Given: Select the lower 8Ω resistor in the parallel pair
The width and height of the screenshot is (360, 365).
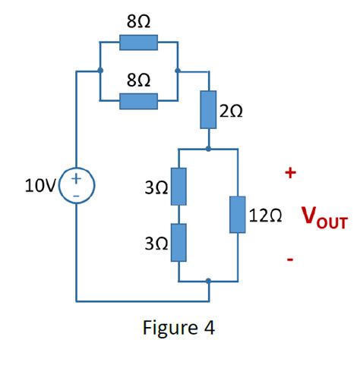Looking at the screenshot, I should (138, 101).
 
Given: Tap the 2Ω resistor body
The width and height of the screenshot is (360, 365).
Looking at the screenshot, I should (208, 111).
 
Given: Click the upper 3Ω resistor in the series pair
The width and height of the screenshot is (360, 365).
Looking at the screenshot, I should (178, 186).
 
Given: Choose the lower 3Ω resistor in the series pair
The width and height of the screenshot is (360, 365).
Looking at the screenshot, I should (178, 242).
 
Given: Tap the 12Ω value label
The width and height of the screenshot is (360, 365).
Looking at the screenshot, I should (265, 216).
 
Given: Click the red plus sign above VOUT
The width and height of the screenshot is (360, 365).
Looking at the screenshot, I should (289, 174).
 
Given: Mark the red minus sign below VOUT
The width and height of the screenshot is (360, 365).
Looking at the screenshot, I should (289, 260).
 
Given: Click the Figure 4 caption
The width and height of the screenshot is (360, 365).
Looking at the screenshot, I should (178, 328).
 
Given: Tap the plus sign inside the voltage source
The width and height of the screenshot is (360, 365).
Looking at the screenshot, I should (76, 178).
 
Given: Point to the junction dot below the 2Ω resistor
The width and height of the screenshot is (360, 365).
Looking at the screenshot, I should (208, 149).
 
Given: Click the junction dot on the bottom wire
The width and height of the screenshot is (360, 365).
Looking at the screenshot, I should (208, 281).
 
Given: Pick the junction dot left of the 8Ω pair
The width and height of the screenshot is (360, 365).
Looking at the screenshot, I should (100, 71).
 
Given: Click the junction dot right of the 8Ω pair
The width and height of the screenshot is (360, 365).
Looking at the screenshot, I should (177, 71).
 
